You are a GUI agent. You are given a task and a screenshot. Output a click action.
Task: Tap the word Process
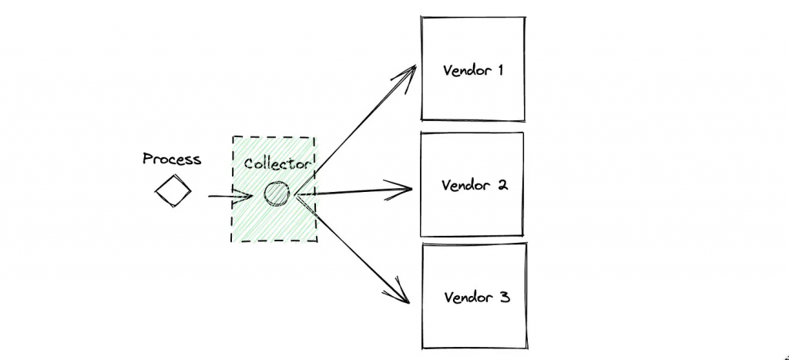pos(172,160)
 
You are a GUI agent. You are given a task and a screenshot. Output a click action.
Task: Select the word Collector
pos(278,164)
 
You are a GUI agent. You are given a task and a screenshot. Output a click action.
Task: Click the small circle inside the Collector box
pos(276,194)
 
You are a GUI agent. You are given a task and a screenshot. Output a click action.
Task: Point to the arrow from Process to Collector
pos(229,197)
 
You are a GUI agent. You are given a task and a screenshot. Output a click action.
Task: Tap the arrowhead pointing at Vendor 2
pos(405,187)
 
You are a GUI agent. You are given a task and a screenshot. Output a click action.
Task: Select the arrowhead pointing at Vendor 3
pos(401,293)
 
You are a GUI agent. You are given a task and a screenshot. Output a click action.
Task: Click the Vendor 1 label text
pos(473,70)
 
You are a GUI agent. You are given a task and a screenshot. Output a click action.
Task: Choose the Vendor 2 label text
pos(474,186)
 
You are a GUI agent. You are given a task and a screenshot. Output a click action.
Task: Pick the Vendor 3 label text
pos(477,297)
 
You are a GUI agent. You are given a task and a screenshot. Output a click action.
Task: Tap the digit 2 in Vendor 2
pos(502,186)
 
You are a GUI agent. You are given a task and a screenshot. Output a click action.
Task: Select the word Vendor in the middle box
pos(465,186)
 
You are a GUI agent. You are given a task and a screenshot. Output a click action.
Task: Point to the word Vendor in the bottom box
pos(468,297)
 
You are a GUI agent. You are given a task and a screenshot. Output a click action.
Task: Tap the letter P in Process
pos(147,160)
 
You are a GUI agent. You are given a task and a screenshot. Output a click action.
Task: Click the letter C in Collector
pos(249,164)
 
